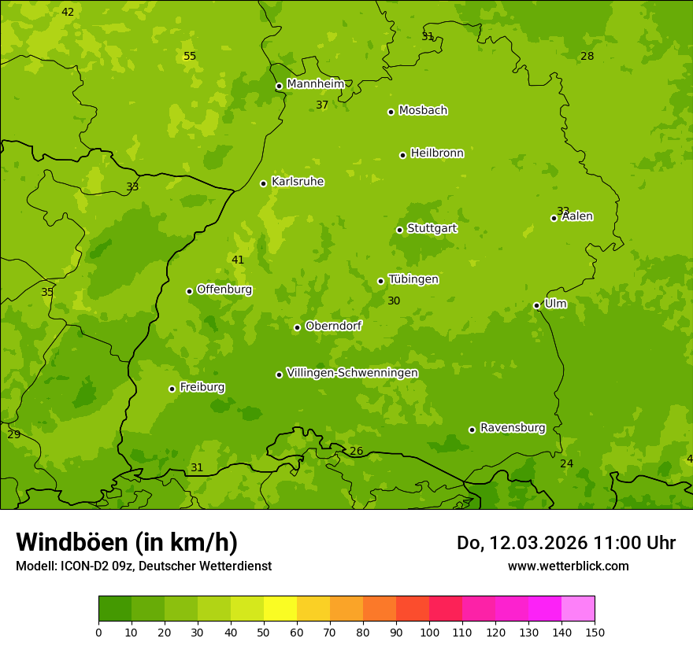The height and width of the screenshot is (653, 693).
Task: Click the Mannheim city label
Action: tap(315, 84)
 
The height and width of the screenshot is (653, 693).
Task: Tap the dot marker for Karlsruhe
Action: tap(264, 183)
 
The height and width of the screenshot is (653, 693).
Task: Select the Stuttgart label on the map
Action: tap(432, 229)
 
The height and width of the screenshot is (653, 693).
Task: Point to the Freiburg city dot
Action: tap(172, 389)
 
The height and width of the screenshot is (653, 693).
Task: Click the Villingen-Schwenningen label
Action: tap(352, 373)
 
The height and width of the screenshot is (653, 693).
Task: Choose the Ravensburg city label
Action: tap(513, 428)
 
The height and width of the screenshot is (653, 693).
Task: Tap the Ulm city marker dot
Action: tap(536, 305)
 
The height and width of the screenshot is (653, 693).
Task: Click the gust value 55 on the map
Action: tap(190, 56)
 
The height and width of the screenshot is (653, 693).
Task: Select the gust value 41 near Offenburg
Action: tap(238, 260)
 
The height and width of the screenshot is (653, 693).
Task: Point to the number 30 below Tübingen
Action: tap(394, 301)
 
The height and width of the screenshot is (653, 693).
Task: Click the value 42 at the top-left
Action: tap(68, 12)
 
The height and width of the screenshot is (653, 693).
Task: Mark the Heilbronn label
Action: tap(437, 153)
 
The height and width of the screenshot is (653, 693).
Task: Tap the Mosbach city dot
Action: tap(391, 112)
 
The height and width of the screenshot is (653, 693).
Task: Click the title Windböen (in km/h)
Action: tap(127, 542)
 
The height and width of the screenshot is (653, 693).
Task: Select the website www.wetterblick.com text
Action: tap(568, 566)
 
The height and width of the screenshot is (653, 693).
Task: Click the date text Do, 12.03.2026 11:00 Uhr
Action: tap(565, 543)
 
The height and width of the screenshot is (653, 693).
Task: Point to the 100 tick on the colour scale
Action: tap(429, 632)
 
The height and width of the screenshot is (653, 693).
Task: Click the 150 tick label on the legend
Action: tap(595, 632)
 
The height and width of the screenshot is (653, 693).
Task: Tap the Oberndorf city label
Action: tap(333, 326)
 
